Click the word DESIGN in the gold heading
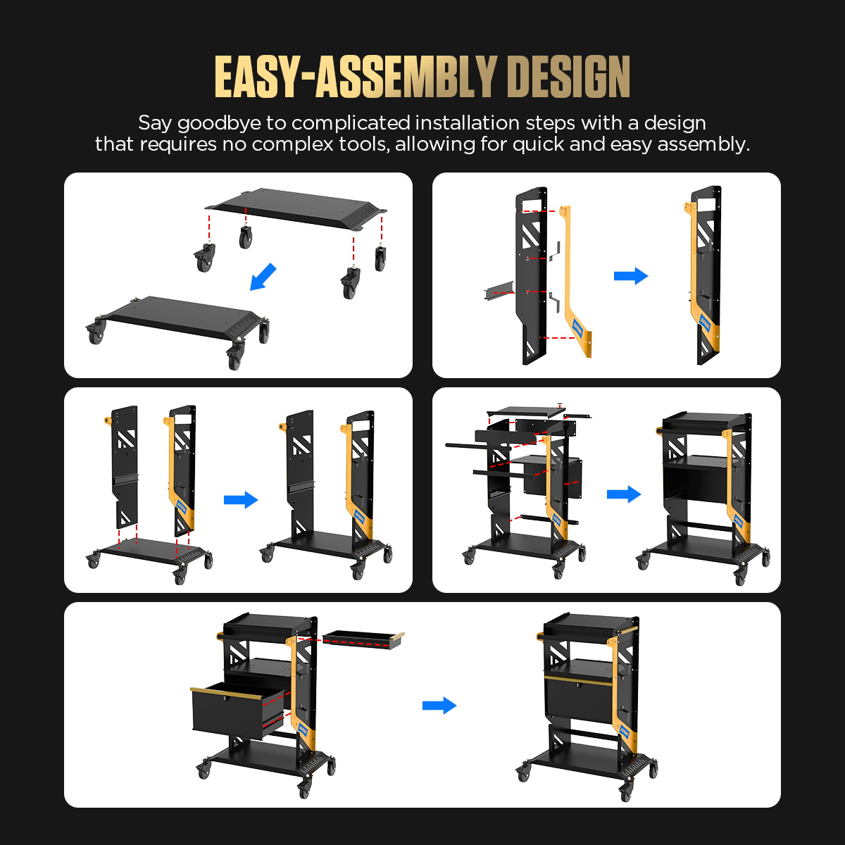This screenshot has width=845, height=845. click(570, 77)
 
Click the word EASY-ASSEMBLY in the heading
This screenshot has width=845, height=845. click(355, 77)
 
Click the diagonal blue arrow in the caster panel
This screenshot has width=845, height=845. click(263, 277)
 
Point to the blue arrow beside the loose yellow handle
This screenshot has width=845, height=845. click(630, 276)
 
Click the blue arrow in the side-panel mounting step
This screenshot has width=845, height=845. click(241, 499)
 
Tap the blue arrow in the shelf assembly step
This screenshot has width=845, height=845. click(624, 494)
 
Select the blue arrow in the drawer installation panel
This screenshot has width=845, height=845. click(439, 706)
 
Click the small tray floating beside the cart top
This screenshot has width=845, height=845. click(363, 640)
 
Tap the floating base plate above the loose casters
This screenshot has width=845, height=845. click(296, 208)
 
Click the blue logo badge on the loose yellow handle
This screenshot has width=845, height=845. click(577, 327)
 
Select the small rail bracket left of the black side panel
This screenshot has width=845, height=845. click(499, 291)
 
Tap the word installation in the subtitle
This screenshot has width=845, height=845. click(468, 123)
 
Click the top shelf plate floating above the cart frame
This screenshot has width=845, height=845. click(525, 412)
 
